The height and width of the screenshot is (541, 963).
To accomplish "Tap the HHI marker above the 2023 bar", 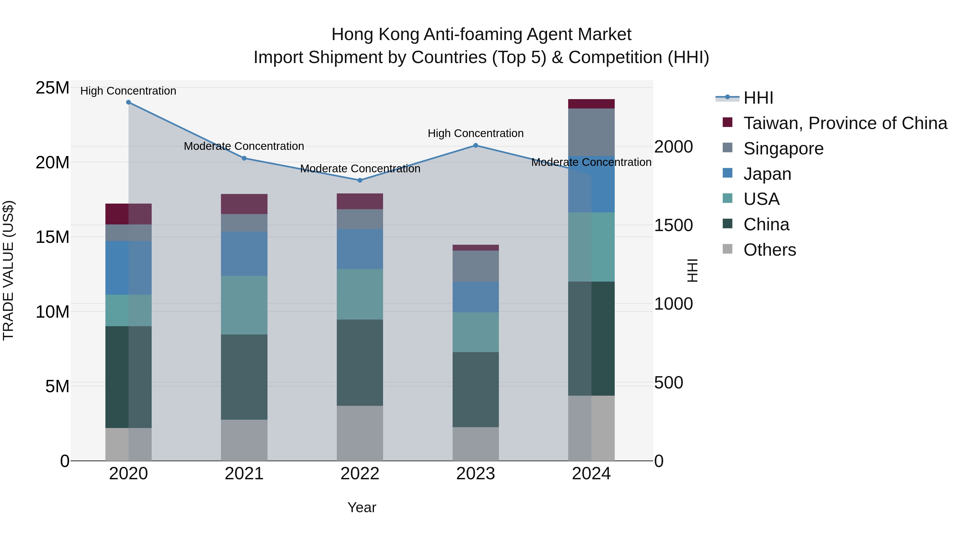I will point(476,146).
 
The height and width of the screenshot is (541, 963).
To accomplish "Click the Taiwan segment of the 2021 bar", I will point(244,204).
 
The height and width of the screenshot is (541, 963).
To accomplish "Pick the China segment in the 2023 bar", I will point(476,390).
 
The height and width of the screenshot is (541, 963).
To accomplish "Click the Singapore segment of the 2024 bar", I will point(591,132).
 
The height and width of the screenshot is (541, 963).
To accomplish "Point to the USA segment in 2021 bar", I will point(244,305).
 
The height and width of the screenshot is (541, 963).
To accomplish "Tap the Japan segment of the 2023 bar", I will point(476,297).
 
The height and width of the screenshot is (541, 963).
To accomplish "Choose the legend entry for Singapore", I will point(783,149).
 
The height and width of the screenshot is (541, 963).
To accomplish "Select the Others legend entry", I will point(769,250).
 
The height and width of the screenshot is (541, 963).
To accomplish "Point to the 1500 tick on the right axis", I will point(673,225).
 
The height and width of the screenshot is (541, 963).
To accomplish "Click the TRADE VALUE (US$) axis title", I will point(8,270).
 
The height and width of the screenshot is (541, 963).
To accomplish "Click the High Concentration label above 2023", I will point(476,133).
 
